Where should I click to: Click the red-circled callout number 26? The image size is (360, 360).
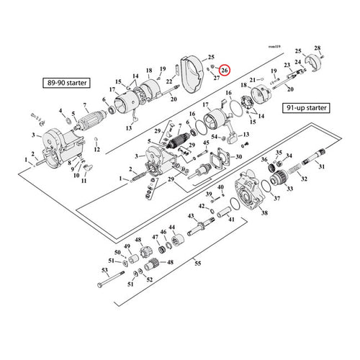point(225,70)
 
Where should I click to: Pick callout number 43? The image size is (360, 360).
point(191,216)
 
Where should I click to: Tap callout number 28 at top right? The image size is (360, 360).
point(317,48)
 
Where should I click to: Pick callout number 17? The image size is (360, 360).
point(112,89)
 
